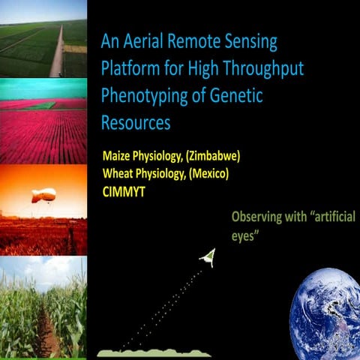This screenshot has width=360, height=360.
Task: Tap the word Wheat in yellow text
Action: coord(118,173)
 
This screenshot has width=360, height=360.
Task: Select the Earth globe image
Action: coord(324,315)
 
